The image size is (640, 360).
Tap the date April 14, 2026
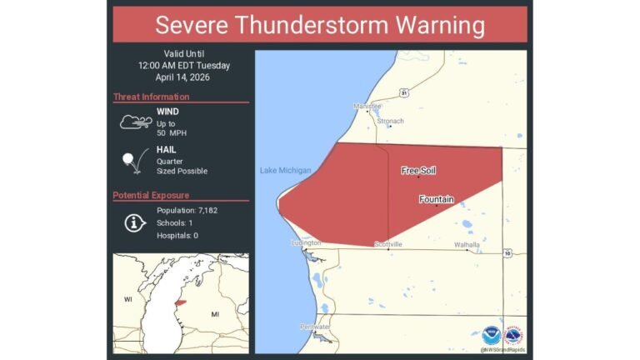[180, 77]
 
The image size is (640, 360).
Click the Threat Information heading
[151, 97]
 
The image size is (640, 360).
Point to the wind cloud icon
[134, 122]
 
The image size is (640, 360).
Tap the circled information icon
[133, 222]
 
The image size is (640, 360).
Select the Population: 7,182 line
[187, 210]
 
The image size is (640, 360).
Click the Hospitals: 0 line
[177, 236]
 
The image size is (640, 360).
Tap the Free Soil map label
[418, 170]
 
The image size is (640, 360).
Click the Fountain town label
[436, 200]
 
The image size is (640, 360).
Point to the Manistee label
[367, 107]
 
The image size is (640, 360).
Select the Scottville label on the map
[388, 244]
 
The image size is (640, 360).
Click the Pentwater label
[315, 327]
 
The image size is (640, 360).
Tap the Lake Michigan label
[284, 171]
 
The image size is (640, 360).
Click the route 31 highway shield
[403, 92]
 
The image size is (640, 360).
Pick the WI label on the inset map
[128, 298]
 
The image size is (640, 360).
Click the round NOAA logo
[490, 335]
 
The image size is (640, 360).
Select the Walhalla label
[467, 244]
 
